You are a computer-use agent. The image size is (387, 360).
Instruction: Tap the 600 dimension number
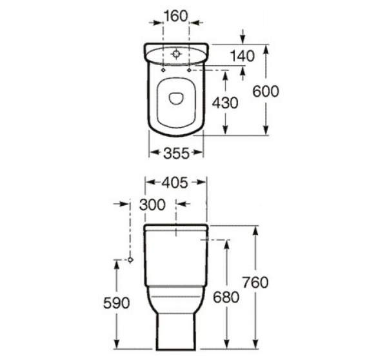266,92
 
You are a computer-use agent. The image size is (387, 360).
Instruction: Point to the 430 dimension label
225,102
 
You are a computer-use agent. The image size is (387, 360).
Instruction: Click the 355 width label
175,153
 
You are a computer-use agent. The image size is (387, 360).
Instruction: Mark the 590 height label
116,302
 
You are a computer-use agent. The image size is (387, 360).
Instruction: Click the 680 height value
226,297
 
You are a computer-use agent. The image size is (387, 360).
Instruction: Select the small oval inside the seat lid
175,97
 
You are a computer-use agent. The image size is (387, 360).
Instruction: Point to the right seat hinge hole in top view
188,69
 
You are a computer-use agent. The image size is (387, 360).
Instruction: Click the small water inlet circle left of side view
130,260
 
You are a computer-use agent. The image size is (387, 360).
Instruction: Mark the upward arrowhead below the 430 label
225,76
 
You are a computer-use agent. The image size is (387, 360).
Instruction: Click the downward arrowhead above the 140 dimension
243,40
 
